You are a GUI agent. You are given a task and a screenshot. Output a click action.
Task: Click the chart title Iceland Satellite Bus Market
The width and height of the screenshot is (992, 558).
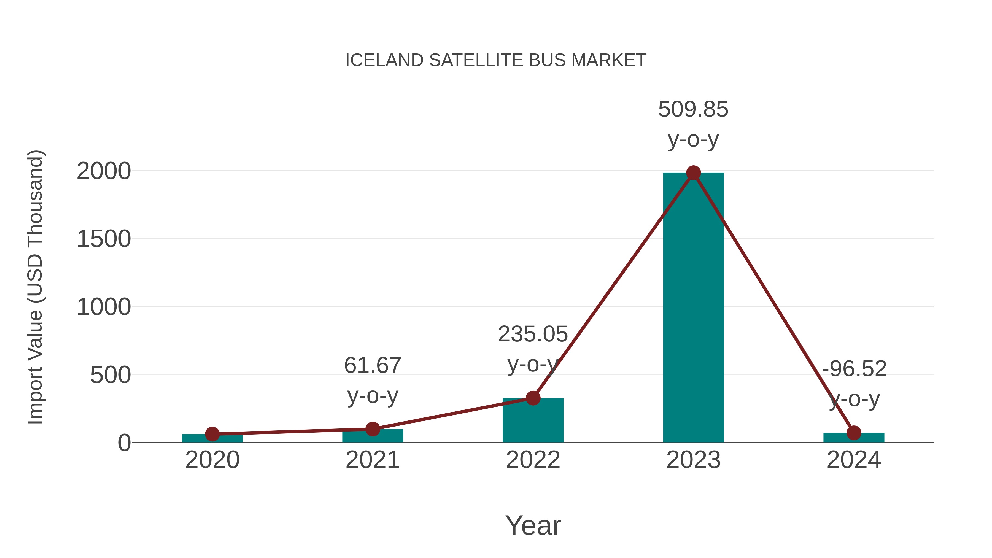pyautogui.click(x=496, y=60)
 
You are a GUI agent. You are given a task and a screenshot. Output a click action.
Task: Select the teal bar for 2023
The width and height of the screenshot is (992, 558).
pyautogui.click(x=693, y=308)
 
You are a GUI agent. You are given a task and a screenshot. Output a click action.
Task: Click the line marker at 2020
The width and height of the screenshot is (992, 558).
pyautogui.click(x=212, y=434)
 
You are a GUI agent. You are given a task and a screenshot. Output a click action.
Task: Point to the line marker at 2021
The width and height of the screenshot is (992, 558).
pyautogui.click(x=372, y=428)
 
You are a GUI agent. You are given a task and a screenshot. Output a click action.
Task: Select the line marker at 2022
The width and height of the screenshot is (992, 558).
pyautogui.click(x=533, y=398)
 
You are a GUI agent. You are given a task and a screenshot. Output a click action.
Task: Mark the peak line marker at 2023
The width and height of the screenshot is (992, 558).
pyautogui.click(x=693, y=173)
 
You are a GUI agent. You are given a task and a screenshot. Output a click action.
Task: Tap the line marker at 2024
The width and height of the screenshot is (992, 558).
pyautogui.click(x=854, y=433)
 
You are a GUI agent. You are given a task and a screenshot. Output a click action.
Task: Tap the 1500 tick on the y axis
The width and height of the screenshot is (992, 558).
pyautogui.click(x=104, y=239)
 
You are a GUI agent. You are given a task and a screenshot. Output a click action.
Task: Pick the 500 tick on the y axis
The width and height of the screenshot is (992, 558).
pyautogui.click(x=110, y=375)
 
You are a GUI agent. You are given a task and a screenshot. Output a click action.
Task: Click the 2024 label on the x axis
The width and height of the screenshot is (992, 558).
pyautogui.click(x=854, y=460)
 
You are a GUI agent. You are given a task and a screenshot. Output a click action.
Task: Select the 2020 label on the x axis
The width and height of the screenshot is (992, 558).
pyautogui.click(x=212, y=460)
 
